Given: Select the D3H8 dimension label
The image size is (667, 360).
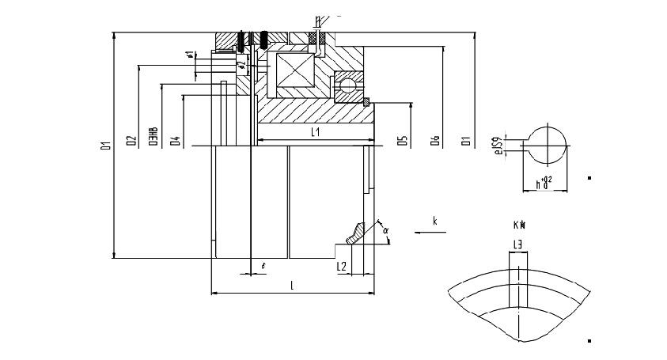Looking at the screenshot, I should [x=152, y=138].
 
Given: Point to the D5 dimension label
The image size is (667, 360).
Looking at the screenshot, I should [x=404, y=141].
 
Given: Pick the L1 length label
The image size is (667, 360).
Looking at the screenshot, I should [x=315, y=133].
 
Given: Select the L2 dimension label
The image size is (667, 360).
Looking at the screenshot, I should [x=342, y=267].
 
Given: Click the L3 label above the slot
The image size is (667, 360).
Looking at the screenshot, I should [x=517, y=246].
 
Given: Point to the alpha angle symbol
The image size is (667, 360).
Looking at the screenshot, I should [x=385, y=231].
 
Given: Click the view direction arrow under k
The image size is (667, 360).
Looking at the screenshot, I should [x=431, y=232].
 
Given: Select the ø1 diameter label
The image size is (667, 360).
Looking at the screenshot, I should [x=190, y=55].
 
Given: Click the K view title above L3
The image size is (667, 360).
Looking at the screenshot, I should [x=518, y=225].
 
